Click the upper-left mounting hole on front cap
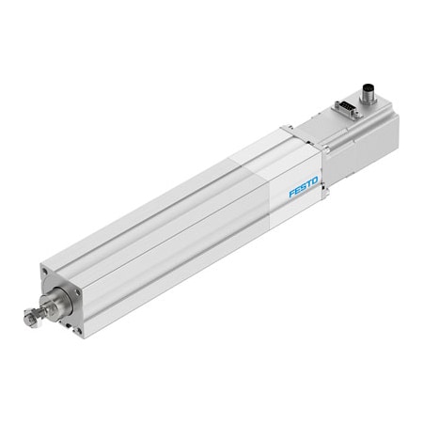coord(46,274)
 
